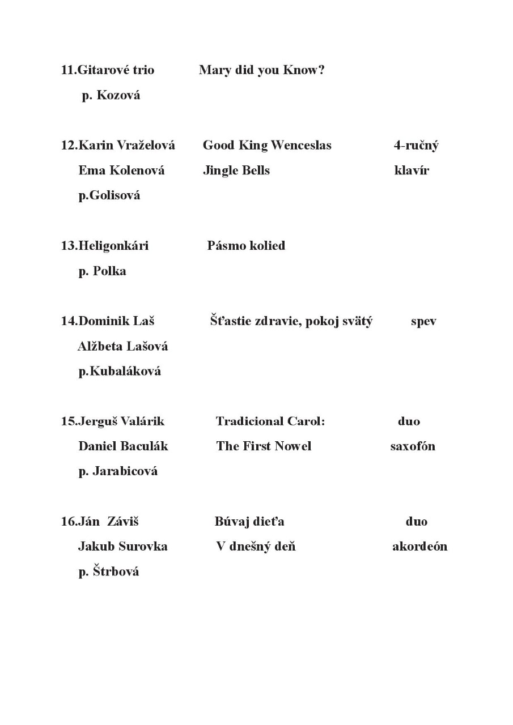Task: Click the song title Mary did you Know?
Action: point(261,70)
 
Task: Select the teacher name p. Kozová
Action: point(111,95)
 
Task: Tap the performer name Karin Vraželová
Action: point(126,146)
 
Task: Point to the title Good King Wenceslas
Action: point(267,146)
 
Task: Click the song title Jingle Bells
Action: point(236,170)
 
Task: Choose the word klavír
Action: point(412,170)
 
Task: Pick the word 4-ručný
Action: point(416,146)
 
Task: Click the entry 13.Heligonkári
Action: point(105,246)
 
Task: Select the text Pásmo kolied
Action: point(246,246)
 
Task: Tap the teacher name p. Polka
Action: point(102,271)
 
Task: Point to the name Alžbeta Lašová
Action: point(122,346)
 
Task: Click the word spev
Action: point(423,322)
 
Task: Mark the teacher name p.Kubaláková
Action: point(120,371)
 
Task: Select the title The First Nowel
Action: point(264,446)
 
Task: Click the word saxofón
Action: point(413,446)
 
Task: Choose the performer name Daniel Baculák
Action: point(123,446)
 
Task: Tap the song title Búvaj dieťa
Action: point(249,522)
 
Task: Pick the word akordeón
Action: point(419,547)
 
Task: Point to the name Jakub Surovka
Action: point(122,547)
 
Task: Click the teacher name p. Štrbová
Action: point(109,572)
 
